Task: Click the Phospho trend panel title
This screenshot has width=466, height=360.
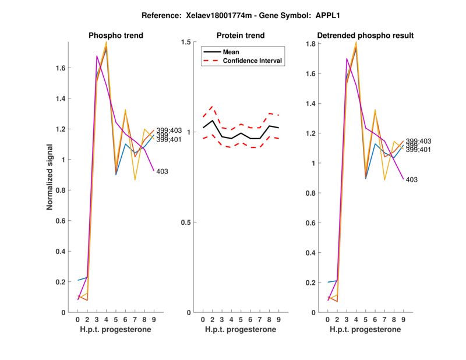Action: point(115,36)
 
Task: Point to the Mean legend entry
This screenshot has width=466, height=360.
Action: point(231,52)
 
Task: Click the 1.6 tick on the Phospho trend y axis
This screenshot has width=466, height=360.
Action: point(61,68)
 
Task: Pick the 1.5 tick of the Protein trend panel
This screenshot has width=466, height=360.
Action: point(188,42)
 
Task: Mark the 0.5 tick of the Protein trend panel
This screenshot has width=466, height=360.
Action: point(188,223)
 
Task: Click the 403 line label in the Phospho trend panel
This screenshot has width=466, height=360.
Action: point(163,171)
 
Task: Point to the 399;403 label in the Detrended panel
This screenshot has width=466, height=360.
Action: point(418,141)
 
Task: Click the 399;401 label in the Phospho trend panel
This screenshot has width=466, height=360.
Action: point(169,140)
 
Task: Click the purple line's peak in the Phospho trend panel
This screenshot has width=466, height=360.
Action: point(97,56)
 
